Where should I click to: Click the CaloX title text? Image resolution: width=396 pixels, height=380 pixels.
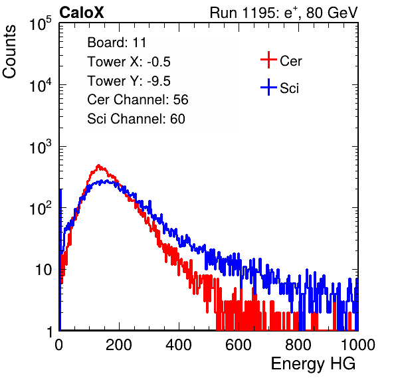(82, 13)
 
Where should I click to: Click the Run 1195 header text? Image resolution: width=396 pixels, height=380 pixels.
(284, 13)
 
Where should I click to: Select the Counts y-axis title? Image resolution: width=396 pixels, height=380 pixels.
(9, 52)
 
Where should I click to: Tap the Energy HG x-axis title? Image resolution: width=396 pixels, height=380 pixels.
(313, 364)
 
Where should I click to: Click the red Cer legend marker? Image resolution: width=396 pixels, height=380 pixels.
(268, 60)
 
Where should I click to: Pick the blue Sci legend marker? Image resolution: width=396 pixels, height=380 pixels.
(268, 87)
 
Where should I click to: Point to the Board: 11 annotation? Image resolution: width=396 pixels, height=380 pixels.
(117, 43)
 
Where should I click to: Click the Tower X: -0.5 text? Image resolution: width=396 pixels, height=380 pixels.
(129, 62)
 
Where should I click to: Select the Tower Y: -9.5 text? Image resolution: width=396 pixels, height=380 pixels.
(129, 81)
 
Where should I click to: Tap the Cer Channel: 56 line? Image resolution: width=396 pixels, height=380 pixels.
(138, 100)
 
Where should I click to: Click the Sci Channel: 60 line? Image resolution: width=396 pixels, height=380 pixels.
(136, 119)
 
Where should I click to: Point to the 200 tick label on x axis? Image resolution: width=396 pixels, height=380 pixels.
(119, 345)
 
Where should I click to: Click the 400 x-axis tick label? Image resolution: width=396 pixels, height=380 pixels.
(179, 345)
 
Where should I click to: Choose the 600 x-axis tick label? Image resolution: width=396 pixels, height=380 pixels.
(239, 345)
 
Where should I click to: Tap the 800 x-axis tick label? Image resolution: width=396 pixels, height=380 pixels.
(298, 345)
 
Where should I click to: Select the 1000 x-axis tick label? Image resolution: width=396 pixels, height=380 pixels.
(358, 345)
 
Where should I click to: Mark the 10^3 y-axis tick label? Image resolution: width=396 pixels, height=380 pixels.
(41, 147)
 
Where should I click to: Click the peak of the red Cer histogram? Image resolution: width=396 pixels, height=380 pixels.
(98, 165)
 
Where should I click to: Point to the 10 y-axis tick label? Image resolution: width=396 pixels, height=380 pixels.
(43, 270)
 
